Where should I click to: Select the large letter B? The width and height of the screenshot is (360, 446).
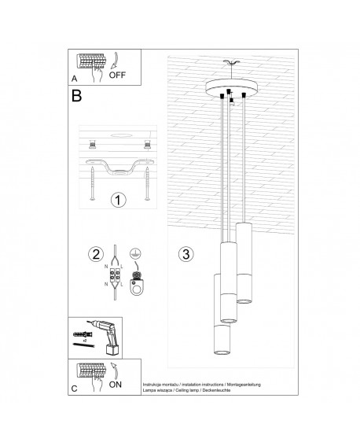point(76,98)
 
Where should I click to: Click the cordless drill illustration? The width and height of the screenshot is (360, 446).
point(98,335)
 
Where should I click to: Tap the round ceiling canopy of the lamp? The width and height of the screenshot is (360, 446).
point(227,89)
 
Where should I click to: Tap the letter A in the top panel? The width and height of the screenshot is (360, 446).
point(74,78)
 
